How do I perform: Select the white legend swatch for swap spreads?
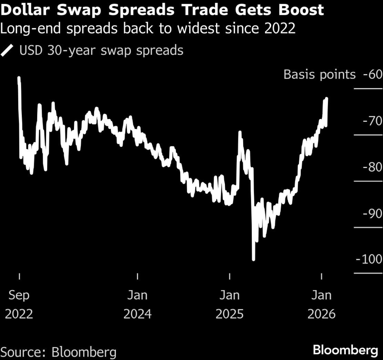[x=7, y=51]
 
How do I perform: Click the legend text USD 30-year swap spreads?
[x=101, y=51]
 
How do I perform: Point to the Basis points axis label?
[x=319, y=74]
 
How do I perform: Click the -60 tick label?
[x=372, y=74]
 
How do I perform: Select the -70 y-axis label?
[x=372, y=121]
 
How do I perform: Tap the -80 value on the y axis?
[x=372, y=167]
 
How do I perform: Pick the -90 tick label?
[x=372, y=213]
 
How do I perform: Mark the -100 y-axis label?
[x=369, y=260]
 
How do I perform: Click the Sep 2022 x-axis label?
[x=19, y=304]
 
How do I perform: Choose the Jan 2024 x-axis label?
[x=137, y=304]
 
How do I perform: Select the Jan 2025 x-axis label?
[x=229, y=304]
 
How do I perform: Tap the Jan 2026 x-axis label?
[x=321, y=304]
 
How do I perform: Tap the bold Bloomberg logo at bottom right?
[x=345, y=350]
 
